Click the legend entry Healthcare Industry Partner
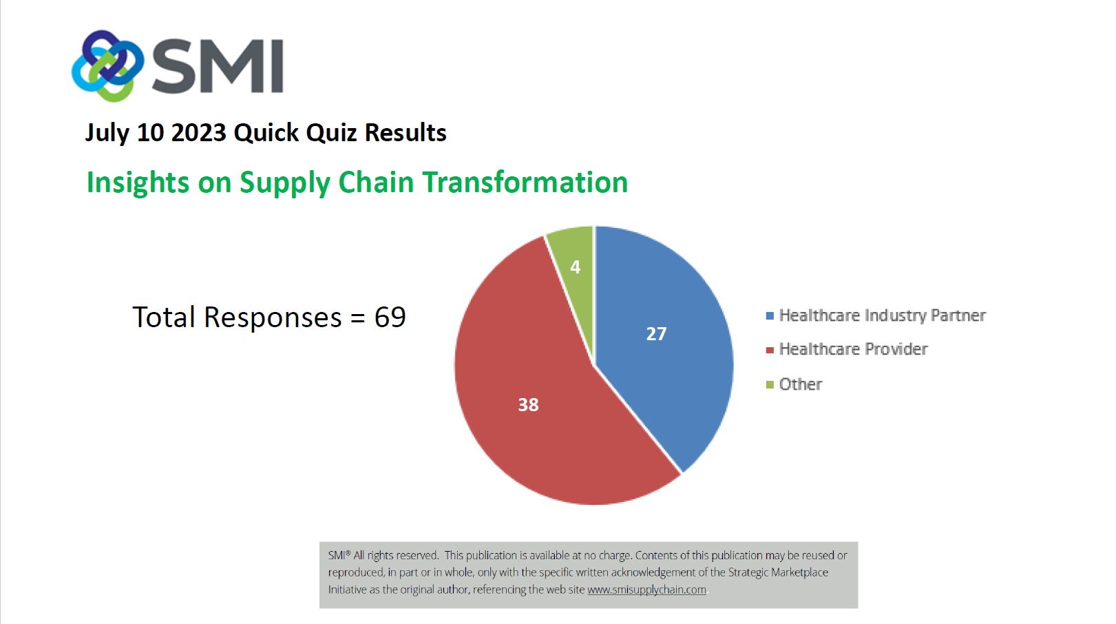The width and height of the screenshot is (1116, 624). click(876, 315)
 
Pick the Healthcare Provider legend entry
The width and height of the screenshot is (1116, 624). click(846, 349)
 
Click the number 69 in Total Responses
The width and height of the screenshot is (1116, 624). click(390, 317)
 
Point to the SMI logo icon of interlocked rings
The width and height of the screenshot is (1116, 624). click(107, 65)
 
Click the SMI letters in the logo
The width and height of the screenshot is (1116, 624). click(218, 67)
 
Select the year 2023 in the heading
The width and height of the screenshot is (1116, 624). click(199, 133)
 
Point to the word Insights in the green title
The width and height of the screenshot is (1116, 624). click(138, 183)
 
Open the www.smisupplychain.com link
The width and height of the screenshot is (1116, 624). click(646, 590)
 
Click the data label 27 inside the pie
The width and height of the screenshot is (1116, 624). click(656, 334)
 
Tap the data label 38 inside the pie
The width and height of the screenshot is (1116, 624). click(528, 405)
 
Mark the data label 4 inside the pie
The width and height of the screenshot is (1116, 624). click(576, 267)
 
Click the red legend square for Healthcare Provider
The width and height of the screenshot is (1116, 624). click(770, 350)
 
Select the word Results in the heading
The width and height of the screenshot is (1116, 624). click(406, 133)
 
